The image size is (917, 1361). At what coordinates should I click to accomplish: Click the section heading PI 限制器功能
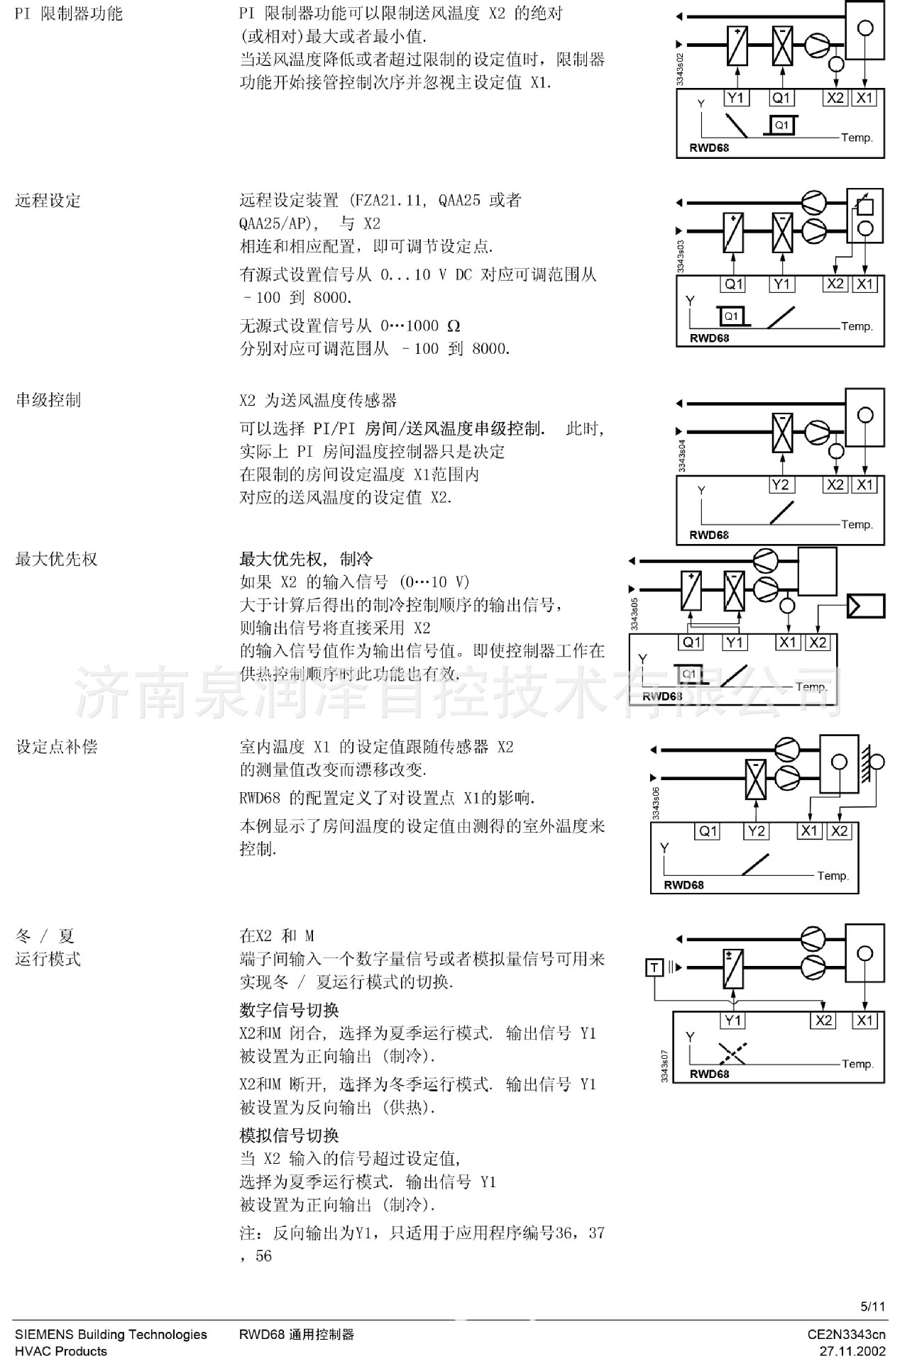pyautogui.click(x=69, y=14)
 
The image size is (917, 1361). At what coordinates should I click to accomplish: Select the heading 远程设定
pyautogui.click(x=48, y=201)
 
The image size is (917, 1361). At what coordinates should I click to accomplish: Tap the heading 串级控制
pyautogui.click(x=48, y=400)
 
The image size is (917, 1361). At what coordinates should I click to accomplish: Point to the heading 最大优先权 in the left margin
pyautogui.click(x=56, y=559)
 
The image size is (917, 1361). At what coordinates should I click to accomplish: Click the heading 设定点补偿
pyautogui.click(x=56, y=746)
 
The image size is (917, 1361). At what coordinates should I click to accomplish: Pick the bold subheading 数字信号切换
pyautogui.click(x=289, y=1010)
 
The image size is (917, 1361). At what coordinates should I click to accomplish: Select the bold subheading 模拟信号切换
pyautogui.click(x=289, y=1135)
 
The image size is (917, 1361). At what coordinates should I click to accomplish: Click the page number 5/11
pyautogui.click(x=873, y=1306)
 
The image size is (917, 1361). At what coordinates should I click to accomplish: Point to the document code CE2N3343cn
pyautogui.click(x=846, y=1334)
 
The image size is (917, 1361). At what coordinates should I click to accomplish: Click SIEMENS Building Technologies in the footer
pyautogui.click(x=111, y=1334)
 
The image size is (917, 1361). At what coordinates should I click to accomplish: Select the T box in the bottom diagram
pyautogui.click(x=654, y=967)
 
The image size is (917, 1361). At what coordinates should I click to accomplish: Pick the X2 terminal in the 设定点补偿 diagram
pyautogui.click(x=839, y=831)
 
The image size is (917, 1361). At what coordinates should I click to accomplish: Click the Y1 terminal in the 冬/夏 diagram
pyautogui.click(x=733, y=1021)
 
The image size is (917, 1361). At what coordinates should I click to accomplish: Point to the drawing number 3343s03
pyautogui.click(x=681, y=256)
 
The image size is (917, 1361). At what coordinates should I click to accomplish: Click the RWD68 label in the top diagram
pyautogui.click(x=709, y=148)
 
